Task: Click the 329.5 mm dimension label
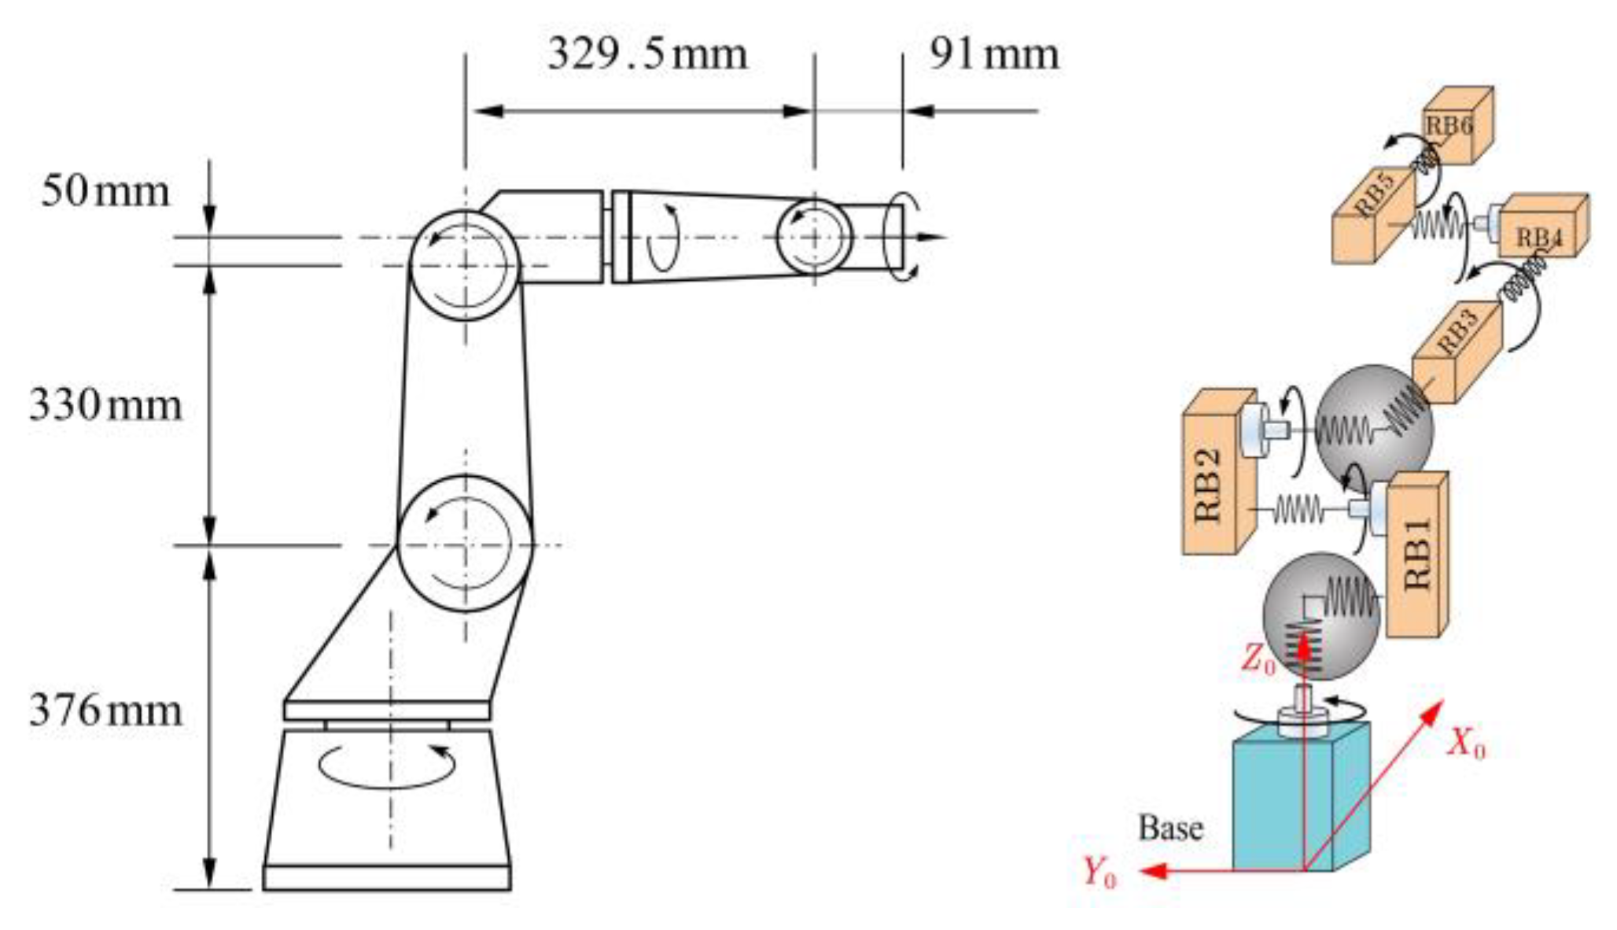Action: [646, 55]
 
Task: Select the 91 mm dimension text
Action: [993, 55]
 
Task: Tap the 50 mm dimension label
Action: [105, 192]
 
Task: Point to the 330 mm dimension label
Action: [105, 406]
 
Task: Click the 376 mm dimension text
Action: [105, 710]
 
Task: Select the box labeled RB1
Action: [1416, 555]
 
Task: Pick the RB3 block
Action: [1457, 350]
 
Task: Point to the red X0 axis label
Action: [1467, 742]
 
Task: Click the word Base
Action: [1170, 829]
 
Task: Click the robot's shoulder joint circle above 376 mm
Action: [465, 543]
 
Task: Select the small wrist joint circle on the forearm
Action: [814, 237]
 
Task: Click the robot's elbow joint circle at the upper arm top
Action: [465, 265]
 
